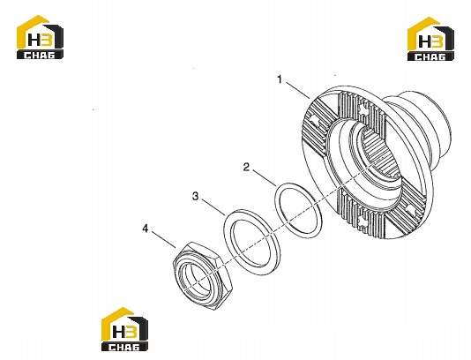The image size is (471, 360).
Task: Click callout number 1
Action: pyautogui.click(x=280, y=79)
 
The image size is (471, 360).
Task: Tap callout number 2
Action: pyautogui.click(x=246, y=167)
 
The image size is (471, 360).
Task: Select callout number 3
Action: pyautogui.click(x=196, y=196)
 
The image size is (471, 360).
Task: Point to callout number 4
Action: pyautogui.click(x=146, y=229)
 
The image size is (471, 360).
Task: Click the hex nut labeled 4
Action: pyautogui.click(x=203, y=275)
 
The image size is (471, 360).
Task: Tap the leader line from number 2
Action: pyautogui.click(x=265, y=178)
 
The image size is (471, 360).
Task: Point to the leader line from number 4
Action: pyautogui.click(x=163, y=239)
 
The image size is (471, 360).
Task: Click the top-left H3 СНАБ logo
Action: pyautogui.click(x=40, y=37)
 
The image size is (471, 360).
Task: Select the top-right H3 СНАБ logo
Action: pyautogui.click(x=430, y=39)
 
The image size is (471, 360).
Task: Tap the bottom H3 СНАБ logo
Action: pyautogui.click(x=124, y=329)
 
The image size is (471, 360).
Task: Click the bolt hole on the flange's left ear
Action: pyautogui.click(x=314, y=121)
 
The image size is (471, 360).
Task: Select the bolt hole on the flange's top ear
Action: pyautogui.click(x=363, y=109)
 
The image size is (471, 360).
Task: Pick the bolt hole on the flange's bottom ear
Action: pyautogui.click(x=362, y=221)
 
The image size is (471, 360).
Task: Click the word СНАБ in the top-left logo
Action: pyautogui.click(x=40, y=55)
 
